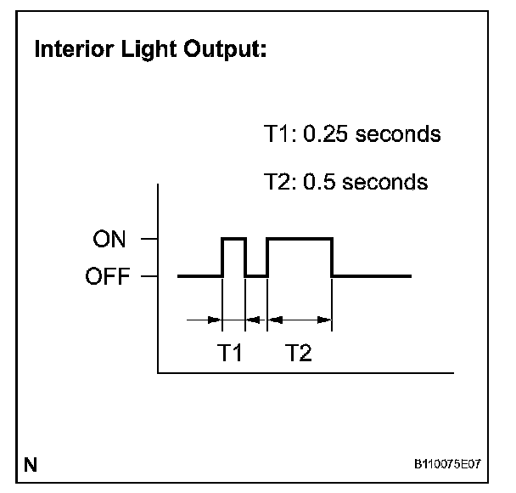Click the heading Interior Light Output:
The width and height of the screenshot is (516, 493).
151,50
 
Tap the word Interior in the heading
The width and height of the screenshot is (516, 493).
70,50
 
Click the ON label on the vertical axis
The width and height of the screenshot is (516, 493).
110,241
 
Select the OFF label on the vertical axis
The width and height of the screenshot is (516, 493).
108,276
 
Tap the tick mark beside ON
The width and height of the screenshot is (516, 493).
149,241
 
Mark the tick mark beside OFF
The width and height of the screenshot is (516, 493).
149,276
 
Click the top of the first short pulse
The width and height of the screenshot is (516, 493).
233,240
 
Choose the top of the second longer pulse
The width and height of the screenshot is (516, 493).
299,240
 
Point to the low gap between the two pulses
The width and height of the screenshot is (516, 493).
255,275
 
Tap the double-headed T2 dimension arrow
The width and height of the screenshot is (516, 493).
299,320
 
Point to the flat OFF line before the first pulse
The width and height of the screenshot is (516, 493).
199,275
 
